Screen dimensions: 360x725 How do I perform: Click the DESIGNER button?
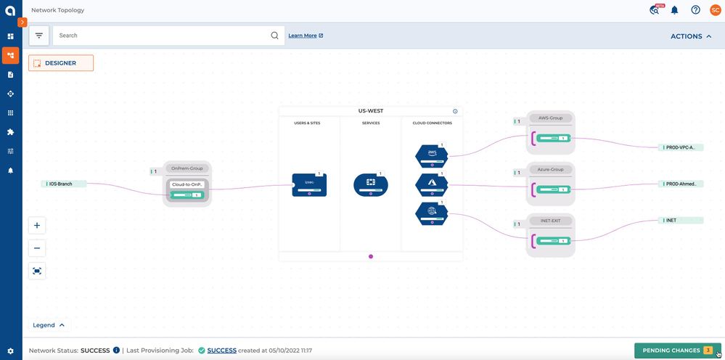[x=61, y=63]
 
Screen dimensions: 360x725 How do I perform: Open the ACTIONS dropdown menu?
[x=690, y=36]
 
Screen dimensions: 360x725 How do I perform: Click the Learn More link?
[x=305, y=36]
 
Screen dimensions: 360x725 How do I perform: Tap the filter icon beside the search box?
[x=39, y=36]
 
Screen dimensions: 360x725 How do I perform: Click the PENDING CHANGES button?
[x=677, y=351]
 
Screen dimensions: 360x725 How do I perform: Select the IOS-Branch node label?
[x=65, y=184]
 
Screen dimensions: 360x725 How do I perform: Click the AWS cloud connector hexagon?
[x=432, y=155]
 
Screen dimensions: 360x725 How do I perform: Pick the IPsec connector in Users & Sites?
[x=309, y=184]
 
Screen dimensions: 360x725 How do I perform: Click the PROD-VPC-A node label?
[x=680, y=147]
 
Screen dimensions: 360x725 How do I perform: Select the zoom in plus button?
[x=37, y=225]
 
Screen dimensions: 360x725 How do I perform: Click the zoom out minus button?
[x=37, y=247]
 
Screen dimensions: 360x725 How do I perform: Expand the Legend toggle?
[x=49, y=325]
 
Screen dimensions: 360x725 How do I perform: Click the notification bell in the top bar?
[x=674, y=10]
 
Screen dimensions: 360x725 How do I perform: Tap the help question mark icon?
[x=695, y=10]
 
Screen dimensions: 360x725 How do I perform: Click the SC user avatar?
[x=715, y=10]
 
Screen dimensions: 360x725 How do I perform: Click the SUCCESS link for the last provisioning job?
[x=221, y=351]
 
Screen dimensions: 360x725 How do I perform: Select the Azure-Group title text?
[x=551, y=169]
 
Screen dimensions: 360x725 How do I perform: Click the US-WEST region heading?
[x=371, y=111]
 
